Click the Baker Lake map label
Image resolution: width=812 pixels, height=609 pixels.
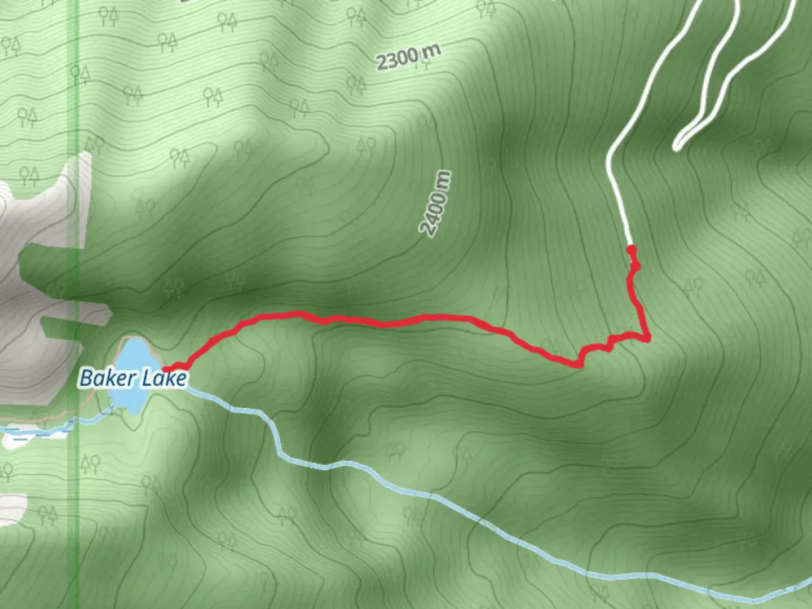(x=133, y=377)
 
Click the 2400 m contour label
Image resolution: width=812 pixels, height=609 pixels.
(x=436, y=203)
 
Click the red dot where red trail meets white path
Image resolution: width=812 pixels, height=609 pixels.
(x=631, y=249)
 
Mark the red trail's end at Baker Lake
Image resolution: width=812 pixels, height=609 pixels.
(x=166, y=369)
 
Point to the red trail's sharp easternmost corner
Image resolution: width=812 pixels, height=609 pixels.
(x=647, y=337)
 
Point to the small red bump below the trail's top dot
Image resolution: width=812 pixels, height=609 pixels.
(x=636, y=266)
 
